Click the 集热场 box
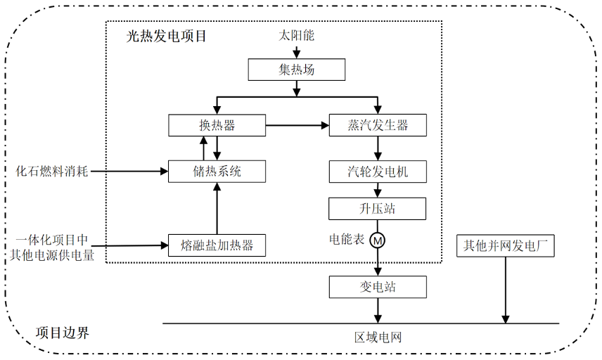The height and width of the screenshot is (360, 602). click(x=297, y=70)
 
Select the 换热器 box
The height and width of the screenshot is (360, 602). click(x=217, y=126)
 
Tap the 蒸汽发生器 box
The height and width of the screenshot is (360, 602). click(x=378, y=126)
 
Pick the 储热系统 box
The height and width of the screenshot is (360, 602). click(x=217, y=171)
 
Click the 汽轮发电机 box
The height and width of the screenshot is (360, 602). click(x=378, y=171)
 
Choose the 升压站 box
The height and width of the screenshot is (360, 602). click(x=378, y=209)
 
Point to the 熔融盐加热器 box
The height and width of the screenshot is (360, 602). click(x=217, y=245)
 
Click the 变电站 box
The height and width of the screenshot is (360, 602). click(x=378, y=287)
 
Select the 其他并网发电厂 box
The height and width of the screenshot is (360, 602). click(x=505, y=246)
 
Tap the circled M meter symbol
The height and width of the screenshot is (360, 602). click(x=378, y=240)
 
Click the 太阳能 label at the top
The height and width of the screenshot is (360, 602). click(x=297, y=36)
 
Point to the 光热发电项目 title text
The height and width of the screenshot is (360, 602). click(x=167, y=35)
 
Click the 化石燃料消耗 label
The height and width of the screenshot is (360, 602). click(x=53, y=171)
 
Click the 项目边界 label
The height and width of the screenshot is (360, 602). click(x=63, y=333)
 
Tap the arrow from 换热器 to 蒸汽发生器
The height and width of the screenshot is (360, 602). click(x=297, y=126)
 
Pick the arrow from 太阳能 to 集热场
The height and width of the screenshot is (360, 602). click(x=297, y=52)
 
